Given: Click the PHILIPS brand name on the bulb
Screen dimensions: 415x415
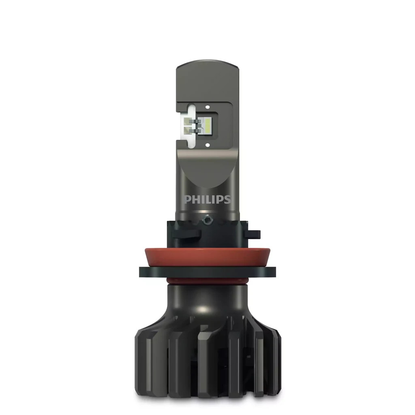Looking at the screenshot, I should [207, 199].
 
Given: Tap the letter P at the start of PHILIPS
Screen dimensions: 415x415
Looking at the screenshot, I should [187, 199].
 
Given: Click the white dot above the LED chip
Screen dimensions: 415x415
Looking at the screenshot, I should [207, 107].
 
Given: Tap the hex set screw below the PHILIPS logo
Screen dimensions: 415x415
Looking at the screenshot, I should [207, 220].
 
